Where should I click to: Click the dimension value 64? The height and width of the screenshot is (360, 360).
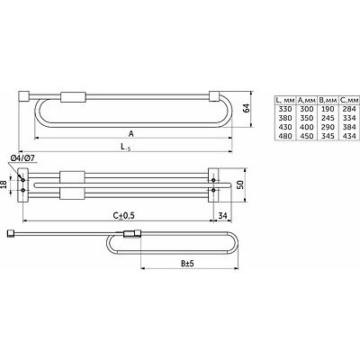click(x=247, y=108)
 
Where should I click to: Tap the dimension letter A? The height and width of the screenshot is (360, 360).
click(x=131, y=134)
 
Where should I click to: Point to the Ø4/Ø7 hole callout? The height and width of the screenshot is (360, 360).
click(x=23, y=158)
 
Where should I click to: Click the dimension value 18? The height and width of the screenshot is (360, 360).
click(x=4, y=184)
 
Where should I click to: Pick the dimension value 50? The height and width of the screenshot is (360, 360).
click(x=240, y=184)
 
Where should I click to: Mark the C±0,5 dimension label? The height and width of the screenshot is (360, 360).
click(x=123, y=215)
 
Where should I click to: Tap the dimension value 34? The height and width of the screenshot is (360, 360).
click(x=222, y=215)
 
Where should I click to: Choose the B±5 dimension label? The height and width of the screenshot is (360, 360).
click(x=187, y=264)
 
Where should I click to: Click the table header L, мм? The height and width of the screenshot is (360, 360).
click(x=285, y=100)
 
